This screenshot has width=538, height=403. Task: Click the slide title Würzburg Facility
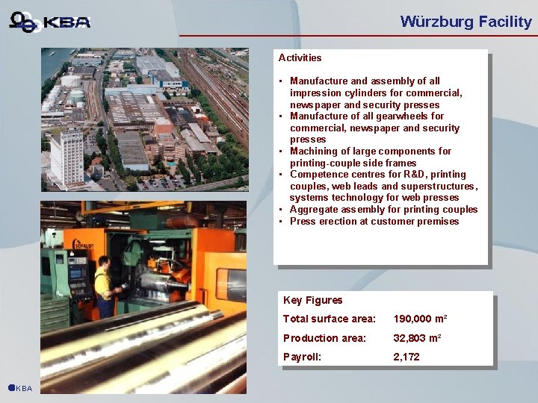[x=466, y=22]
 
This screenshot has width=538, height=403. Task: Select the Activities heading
[x=300, y=57]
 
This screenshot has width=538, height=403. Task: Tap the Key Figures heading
[x=312, y=300]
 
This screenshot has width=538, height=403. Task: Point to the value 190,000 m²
[x=420, y=319]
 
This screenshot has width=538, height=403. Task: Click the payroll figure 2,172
[x=406, y=357]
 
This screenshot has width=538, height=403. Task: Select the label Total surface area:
[x=329, y=319]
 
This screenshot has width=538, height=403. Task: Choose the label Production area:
[x=324, y=338]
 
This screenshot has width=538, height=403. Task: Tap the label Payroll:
[x=302, y=357]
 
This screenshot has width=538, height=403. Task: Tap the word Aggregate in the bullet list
[x=314, y=210]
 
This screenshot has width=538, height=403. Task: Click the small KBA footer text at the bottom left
[x=23, y=389]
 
